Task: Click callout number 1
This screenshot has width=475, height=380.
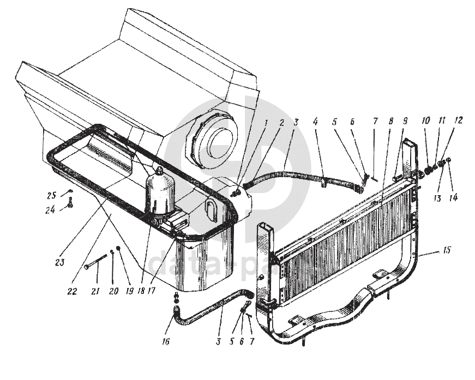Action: coord(266,123)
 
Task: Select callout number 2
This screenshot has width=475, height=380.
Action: coord(281,123)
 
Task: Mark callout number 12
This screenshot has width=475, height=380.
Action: coord(459,120)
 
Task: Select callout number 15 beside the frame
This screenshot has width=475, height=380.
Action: coord(447,251)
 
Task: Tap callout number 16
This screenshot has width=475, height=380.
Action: coord(166,342)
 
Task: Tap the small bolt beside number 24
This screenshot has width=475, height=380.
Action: coord(70,205)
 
